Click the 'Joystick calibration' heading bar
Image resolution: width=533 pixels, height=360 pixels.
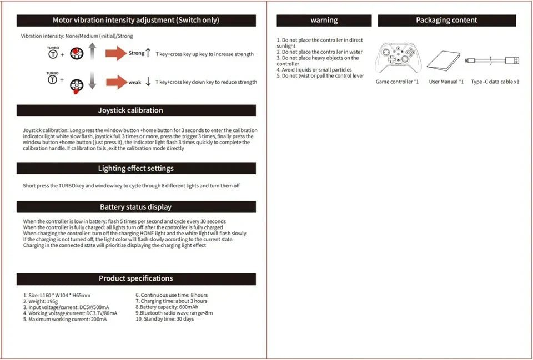click(x=136, y=110)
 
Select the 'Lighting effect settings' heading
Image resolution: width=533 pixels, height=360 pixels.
click(x=136, y=168)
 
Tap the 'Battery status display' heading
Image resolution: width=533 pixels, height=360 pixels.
click(x=136, y=207)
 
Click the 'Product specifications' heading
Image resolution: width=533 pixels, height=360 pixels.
click(x=136, y=278)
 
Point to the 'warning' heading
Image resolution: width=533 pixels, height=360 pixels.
click(x=324, y=21)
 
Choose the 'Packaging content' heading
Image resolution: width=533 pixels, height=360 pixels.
click(x=446, y=21)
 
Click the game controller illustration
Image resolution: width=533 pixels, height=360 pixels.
click(x=398, y=58)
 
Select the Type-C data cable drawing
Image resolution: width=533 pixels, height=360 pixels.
click(x=493, y=60)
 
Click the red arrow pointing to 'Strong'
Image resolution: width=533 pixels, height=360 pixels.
click(x=116, y=54)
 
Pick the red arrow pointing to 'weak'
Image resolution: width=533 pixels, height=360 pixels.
click(x=116, y=82)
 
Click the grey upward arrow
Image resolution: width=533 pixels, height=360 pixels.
click(x=93, y=53)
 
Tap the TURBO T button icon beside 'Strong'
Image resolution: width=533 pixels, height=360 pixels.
click(x=52, y=54)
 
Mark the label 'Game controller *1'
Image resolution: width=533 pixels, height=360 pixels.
click(x=397, y=82)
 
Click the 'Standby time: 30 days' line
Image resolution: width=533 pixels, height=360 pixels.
click(x=165, y=319)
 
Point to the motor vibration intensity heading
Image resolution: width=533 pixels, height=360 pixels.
click(x=136, y=21)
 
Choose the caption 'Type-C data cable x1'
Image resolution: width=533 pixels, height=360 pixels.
click(x=495, y=82)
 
